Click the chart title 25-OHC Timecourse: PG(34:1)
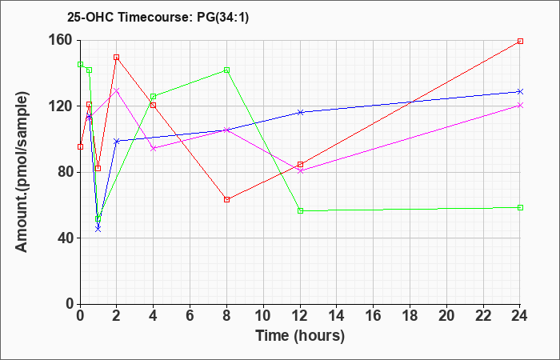click(158, 17)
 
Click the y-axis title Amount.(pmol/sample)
click(22, 172)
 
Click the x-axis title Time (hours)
click(300, 336)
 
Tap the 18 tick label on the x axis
click(410, 316)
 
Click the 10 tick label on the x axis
click(263, 316)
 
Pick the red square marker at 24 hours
click(520, 41)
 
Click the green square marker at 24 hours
click(520, 207)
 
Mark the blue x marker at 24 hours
click(520, 92)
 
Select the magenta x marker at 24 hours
click(520, 106)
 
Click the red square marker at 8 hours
click(226, 200)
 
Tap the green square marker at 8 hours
click(226, 70)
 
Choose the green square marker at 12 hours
click(300, 210)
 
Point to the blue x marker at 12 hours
click(300, 113)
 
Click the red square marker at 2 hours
click(117, 57)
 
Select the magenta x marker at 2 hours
click(117, 90)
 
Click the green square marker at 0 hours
click(80, 64)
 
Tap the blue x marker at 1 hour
click(98, 229)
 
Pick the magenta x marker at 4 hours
click(154, 148)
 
